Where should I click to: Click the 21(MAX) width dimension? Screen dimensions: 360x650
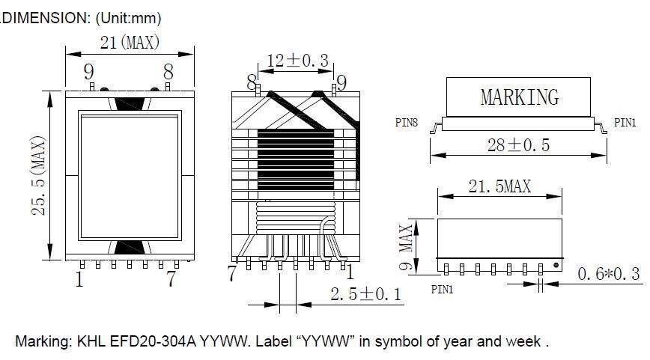pyautogui.click(x=130, y=43)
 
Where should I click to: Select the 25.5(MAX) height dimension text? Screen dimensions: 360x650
pyautogui.click(x=40, y=176)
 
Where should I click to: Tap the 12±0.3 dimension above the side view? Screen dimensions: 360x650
pyautogui.click(x=298, y=61)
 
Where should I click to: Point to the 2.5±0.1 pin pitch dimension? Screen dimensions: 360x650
pyautogui.click(x=366, y=294)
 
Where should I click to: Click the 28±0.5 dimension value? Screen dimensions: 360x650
pyautogui.click(x=518, y=145)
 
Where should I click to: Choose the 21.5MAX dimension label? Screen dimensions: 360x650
pyautogui.click(x=499, y=186)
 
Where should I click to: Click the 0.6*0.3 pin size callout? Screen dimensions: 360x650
pyautogui.click(x=608, y=275)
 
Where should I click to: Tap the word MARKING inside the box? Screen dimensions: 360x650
pyautogui.click(x=519, y=97)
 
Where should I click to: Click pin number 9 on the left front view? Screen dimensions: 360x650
pyautogui.click(x=88, y=73)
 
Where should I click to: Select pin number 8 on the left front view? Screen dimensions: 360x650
pyautogui.click(x=168, y=73)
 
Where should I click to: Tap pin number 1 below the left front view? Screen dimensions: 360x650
pyautogui.click(x=79, y=280)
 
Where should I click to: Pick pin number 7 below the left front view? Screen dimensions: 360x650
pyautogui.click(x=171, y=280)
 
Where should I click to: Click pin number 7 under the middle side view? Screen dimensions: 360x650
pyautogui.click(x=233, y=274)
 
